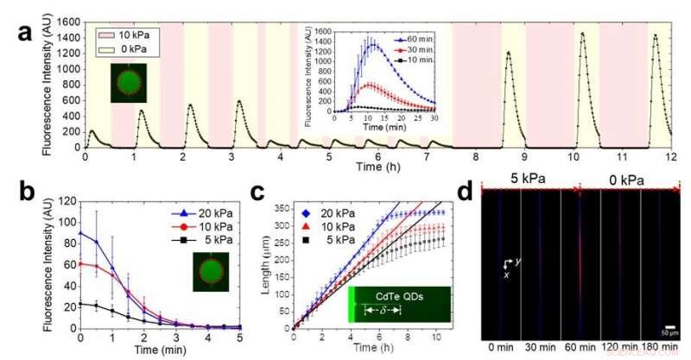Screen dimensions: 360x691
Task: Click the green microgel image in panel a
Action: click(x=128, y=84)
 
